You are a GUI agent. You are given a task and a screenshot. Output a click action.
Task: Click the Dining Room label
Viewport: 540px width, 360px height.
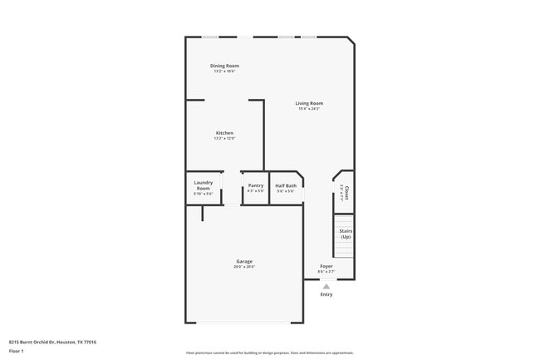224,66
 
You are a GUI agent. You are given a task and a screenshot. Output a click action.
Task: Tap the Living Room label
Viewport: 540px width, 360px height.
309,103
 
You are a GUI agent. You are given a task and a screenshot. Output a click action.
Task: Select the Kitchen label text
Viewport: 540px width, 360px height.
224,133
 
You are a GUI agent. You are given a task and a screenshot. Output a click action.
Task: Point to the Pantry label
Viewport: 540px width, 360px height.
256,185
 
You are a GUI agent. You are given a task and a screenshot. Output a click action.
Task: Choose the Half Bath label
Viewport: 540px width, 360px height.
286,185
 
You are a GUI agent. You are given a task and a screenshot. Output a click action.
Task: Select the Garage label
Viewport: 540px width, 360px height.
244,261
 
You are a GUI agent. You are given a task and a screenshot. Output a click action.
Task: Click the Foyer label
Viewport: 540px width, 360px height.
326,266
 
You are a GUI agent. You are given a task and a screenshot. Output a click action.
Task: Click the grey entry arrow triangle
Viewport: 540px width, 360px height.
326,286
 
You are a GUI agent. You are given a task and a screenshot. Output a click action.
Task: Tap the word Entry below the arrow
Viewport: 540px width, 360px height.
326,294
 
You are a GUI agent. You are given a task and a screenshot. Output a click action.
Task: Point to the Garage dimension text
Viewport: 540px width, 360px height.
244,267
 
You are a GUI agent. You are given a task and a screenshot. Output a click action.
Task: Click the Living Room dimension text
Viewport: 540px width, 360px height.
309,109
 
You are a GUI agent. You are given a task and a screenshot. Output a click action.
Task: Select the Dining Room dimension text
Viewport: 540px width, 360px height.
224,72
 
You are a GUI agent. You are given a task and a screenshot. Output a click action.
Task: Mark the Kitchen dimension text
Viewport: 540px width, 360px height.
224,139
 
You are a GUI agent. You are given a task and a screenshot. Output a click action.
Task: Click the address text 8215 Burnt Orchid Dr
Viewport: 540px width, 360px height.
52,342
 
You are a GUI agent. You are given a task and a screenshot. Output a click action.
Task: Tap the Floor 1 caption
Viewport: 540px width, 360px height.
17,351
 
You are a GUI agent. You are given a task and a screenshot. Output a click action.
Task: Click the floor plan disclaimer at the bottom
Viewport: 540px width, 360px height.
269,353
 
